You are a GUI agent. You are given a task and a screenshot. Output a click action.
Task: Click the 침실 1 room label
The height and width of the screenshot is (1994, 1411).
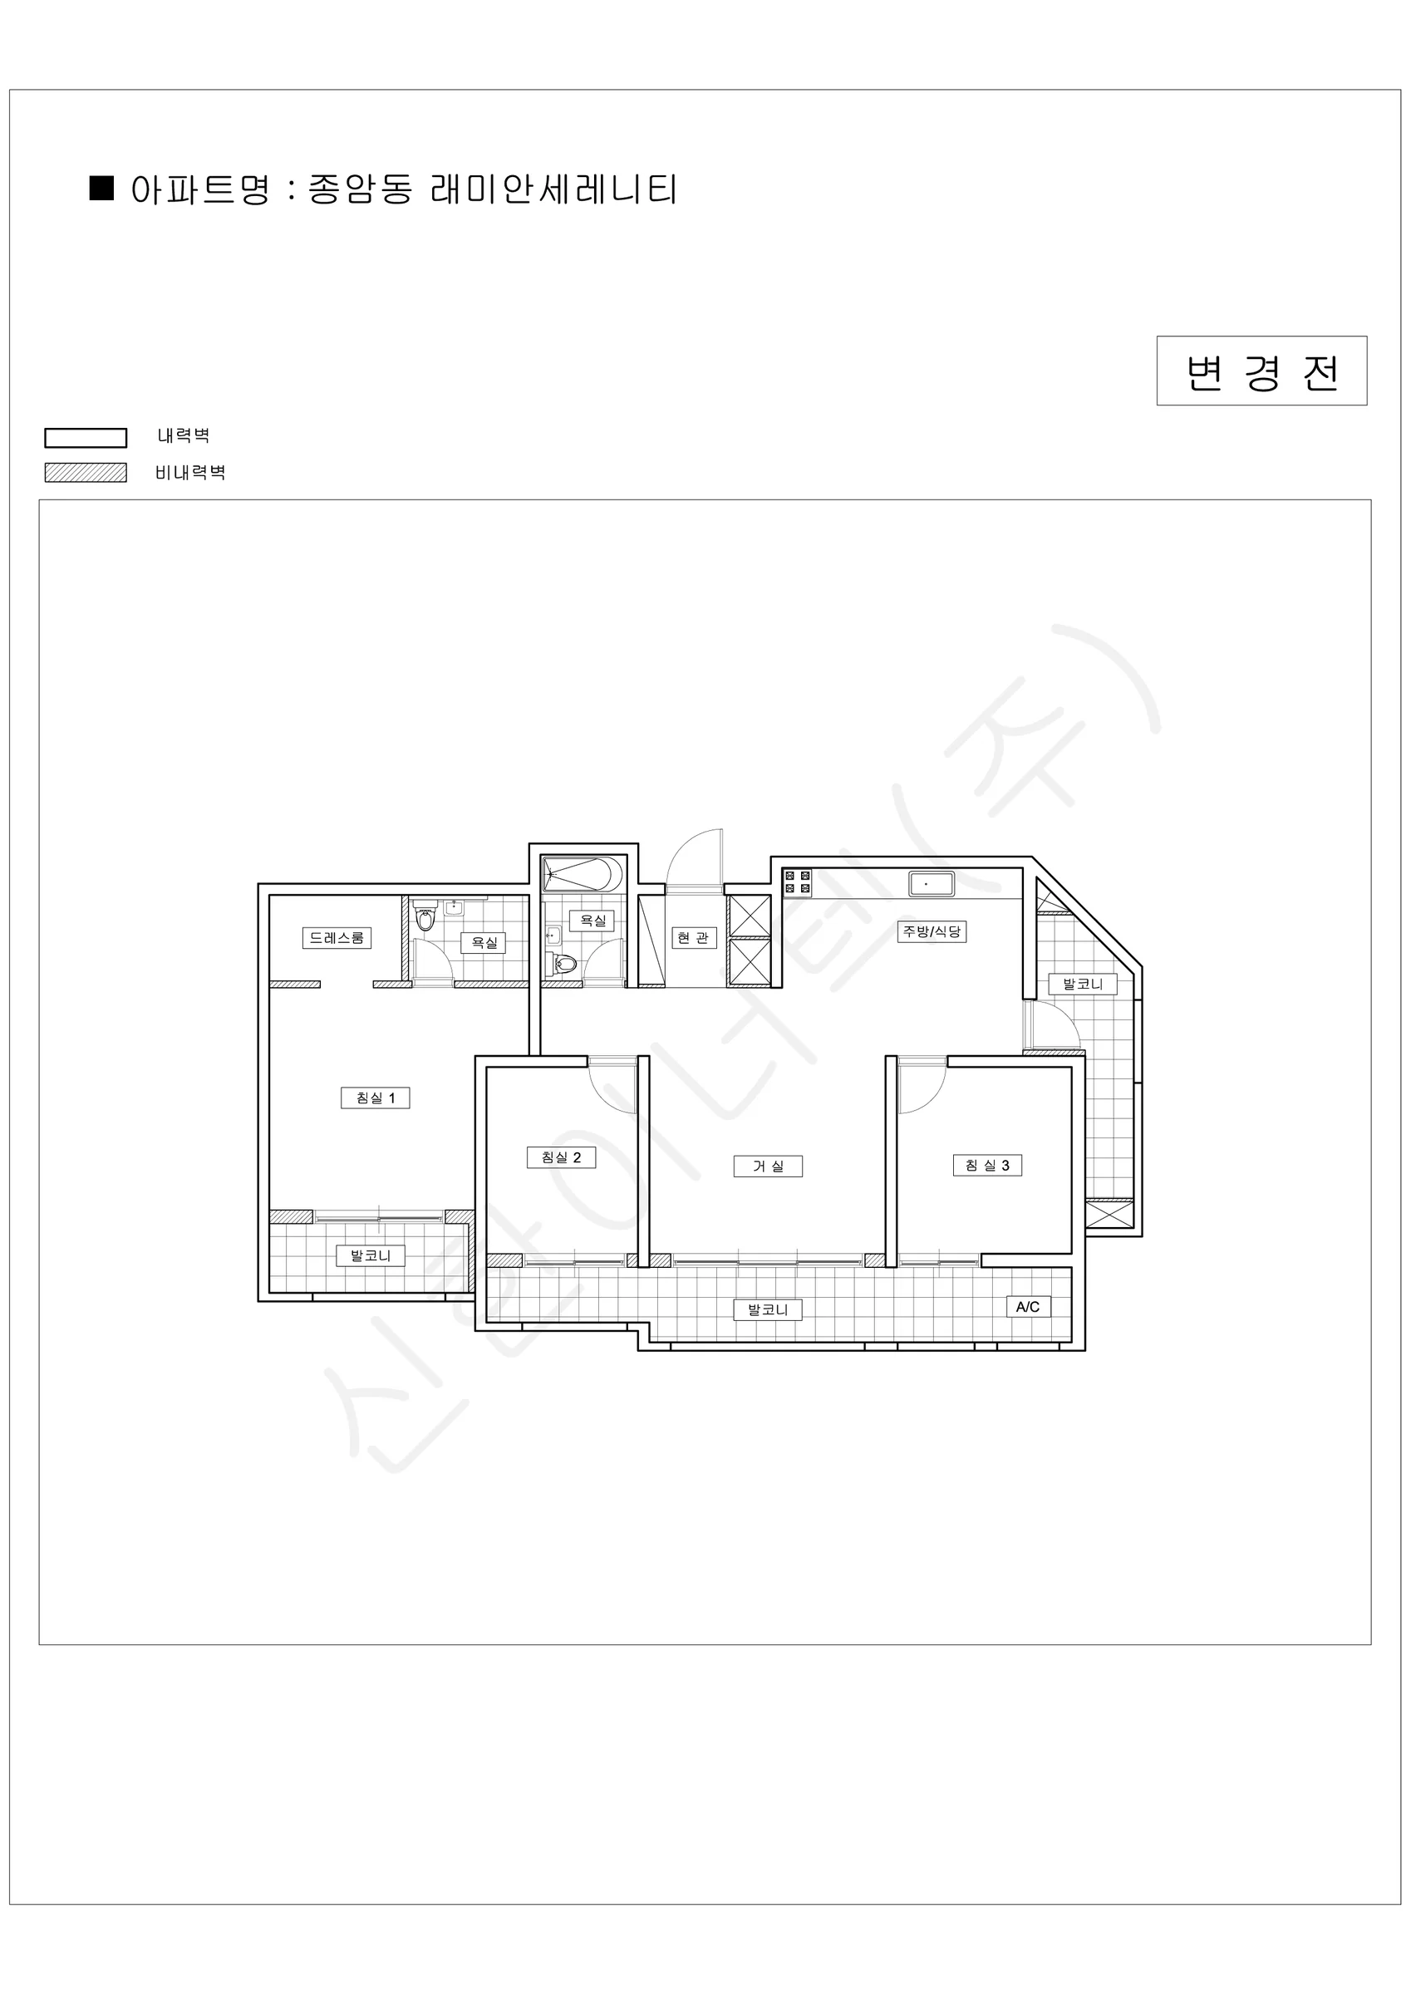(x=376, y=1098)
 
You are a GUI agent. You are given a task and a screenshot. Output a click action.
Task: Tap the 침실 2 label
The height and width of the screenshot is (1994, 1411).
(x=561, y=1157)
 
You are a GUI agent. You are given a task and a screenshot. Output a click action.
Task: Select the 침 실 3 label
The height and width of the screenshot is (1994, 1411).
(x=987, y=1165)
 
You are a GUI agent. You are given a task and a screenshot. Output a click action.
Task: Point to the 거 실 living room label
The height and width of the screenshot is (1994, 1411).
(x=768, y=1166)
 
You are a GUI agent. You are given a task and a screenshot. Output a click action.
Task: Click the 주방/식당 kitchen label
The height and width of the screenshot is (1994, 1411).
(x=932, y=932)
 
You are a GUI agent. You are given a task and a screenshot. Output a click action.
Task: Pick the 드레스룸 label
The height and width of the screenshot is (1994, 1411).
(x=337, y=938)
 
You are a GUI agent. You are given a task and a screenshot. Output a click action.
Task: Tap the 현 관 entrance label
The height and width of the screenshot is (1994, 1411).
(x=693, y=938)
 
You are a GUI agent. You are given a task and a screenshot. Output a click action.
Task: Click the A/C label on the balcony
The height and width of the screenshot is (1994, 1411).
(x=1028, y=1306)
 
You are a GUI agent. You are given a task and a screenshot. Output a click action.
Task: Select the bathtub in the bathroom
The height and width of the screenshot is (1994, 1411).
(x=583, y=874)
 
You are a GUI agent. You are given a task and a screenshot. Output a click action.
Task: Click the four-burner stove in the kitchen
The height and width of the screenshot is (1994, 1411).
(x=798, y=882)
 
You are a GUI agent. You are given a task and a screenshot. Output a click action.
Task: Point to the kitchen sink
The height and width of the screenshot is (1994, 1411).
(x=932, y=884)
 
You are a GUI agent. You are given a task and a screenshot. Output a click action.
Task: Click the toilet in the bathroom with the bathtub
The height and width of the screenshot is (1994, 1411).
(x=563, y=962)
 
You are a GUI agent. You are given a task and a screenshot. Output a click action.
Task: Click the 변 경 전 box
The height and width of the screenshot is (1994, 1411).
(x=1261, y=371)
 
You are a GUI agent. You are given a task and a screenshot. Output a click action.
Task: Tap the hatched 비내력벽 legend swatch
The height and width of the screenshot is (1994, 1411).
(x=86, y=473)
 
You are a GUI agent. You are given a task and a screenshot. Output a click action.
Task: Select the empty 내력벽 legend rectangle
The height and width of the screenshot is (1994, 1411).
(x=86, y=438)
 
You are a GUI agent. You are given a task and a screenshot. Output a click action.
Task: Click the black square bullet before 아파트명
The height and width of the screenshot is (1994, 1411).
(x=102, y=189)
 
